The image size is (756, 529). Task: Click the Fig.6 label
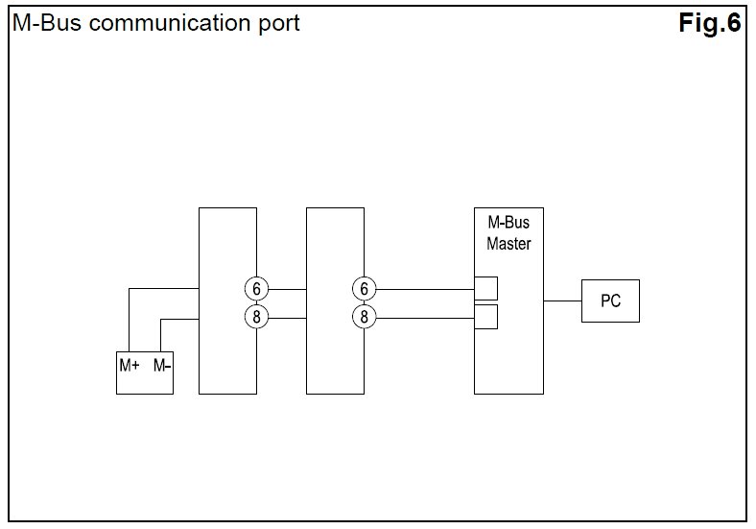(x=710, y=23)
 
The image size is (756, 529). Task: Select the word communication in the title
(x=169, y=23)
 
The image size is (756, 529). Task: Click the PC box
(x=610, y=301)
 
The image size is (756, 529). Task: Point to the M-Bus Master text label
(x=508, y=233)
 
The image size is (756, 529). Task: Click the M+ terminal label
(x=130, y=365)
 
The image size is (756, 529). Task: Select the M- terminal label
(x=161, y=365)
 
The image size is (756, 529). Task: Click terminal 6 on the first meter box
(x=256, y=288)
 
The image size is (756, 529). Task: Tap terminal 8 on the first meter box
(x=256, y=316)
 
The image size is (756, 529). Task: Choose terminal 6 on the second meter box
(x=364, y=288)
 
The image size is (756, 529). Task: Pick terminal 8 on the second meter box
(x=364, y=316)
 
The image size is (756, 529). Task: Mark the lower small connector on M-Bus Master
(x=486, y=317)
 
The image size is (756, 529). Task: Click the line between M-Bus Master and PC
(x=562, y=301)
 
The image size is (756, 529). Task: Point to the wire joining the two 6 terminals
(x=287, y=288)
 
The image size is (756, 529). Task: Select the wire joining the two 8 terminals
(x=287, y=316)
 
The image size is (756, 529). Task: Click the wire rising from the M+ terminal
(x=130, y=322)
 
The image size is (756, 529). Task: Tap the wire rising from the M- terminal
(x=161, y=335)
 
